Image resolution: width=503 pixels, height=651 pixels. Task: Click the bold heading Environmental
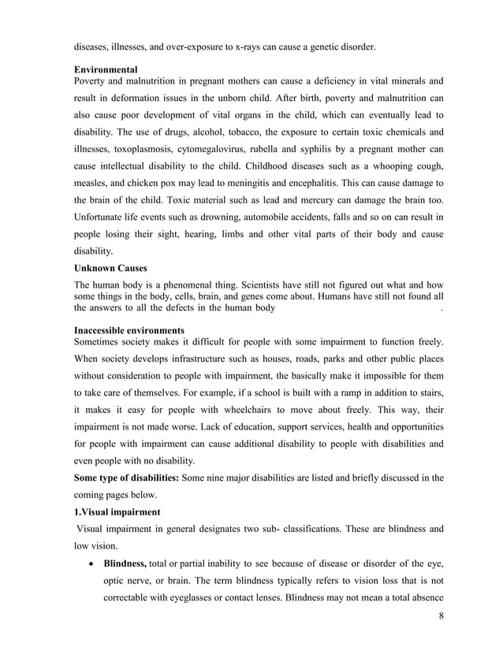click(x=105, y=70)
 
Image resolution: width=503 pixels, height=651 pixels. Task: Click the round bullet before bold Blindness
click(x=94, y=564)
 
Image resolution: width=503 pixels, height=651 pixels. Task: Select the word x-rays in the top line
click(x=251, y=47)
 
